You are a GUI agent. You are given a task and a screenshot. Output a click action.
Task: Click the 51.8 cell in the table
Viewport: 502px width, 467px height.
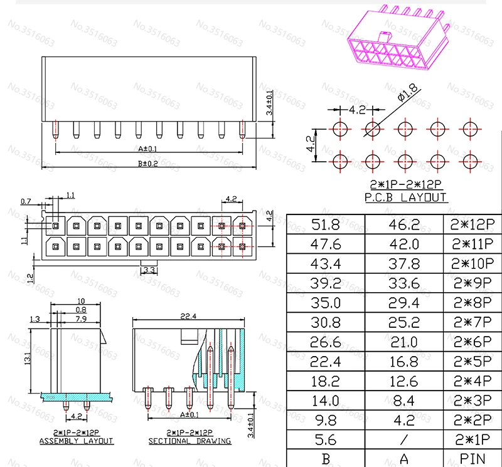[x=325, y=224]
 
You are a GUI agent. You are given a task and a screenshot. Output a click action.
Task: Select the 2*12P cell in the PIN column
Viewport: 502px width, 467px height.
[x=473, y=224]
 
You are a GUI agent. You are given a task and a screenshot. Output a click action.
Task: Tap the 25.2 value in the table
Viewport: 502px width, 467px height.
[x=403, y=322]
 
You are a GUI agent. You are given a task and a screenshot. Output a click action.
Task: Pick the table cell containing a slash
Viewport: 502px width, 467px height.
[x=404, y=440]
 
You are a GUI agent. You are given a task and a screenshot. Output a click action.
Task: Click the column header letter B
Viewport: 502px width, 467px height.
[x=326, y=459]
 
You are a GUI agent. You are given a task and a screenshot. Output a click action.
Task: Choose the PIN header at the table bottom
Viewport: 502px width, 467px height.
[x=473, y=459]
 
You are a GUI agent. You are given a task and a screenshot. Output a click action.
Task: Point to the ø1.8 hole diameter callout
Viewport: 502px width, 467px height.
[x=407, y=92]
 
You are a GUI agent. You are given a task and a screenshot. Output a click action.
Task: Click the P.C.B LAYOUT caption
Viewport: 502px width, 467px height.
[x=405, y=197]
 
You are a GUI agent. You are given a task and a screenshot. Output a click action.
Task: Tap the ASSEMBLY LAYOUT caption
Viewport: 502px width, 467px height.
[x=76, y=441]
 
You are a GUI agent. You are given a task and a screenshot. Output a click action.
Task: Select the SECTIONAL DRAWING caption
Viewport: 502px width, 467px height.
[x=190, y=441]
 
